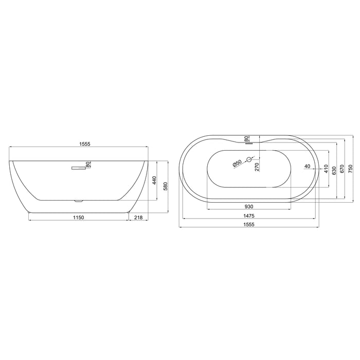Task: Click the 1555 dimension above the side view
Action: click(85, 144)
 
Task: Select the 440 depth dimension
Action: click(154, 180)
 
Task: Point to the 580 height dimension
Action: click(165, 186)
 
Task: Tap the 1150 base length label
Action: click(79, 218)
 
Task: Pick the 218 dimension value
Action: click(138, 218)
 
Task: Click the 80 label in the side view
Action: click(88, 165)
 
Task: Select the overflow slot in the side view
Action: click(79, 168)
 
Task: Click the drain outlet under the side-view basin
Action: click(79, 202)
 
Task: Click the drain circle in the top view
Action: click(249, 159)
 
